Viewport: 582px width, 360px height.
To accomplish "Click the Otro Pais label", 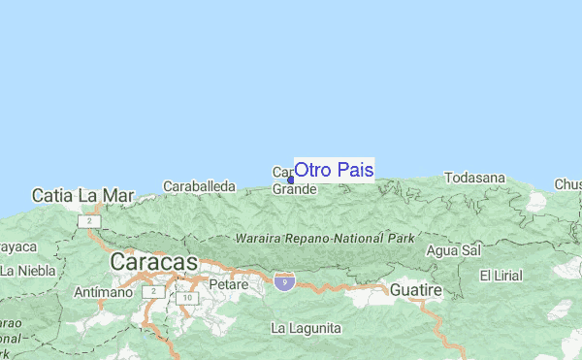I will pyautogui.click(x=333, y=170).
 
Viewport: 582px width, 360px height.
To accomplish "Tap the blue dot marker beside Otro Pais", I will pyautogui.click(x=290, y=179).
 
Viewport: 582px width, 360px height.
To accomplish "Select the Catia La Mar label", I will pyautogui.click(x=82, y=195).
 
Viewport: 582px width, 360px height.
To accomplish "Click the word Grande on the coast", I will pyautogui.click(x=294, y=188).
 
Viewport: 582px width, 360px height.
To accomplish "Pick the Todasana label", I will pyautogui.click(x=475, y=178).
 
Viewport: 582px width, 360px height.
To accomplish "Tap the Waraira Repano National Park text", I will pyautogui.click(x=325, y=238).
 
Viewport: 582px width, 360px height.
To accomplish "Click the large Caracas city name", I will pyautogui.click(x=153, y=262).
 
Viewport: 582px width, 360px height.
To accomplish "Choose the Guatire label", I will pyautogui.click(x=416, y=290).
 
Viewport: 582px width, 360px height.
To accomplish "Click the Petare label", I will pyautogui.click(x=229, y=286).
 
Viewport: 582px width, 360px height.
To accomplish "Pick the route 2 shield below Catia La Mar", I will pyautogui.click(x=90, y=222).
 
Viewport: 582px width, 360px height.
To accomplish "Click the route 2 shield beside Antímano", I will pyautogui.click(x=152, y=291).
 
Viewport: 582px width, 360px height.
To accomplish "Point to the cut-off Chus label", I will pyautogui.click(x=567, y=184).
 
